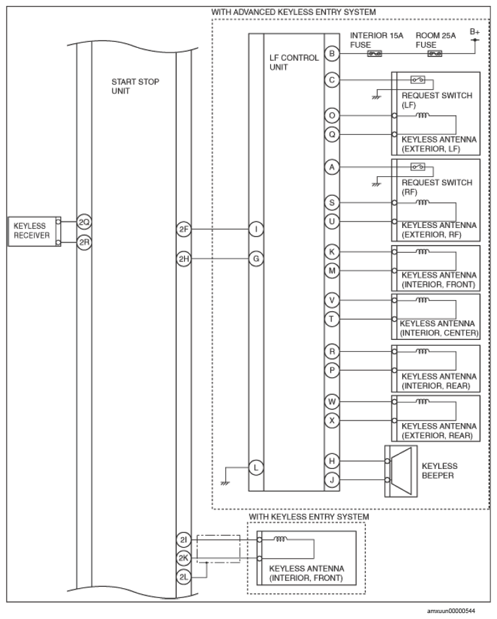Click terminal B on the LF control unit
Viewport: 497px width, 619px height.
click(x=332, y=53)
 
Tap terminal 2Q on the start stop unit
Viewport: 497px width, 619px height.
click(x=84, y=222)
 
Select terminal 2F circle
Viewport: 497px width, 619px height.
click(x=183, y=229)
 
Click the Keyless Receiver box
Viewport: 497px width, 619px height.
click(x=34, y=231)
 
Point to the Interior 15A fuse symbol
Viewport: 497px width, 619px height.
click(x=375, y=53)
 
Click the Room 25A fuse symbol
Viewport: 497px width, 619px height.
click(x=435, y=53)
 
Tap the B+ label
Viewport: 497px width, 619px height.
click(x=475, y=32)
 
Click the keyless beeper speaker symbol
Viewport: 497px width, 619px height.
click(x=401, y=471)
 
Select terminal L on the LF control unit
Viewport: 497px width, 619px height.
click(x=256, y=468)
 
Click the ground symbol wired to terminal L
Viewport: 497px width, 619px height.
click(x=225, y=483)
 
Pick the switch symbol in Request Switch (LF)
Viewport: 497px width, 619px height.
click(x=418, y=80)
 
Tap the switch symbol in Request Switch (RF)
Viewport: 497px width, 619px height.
click(x=418, y=166)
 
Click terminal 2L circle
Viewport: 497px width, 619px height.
click(x=183, y=577)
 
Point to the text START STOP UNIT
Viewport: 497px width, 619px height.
click(x=135, y=86)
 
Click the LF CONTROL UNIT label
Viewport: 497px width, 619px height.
click(x=294, y=62)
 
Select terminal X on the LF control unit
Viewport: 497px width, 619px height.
click(x=332, y=421)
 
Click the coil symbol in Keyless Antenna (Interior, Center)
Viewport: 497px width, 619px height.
click(x=422, y=301)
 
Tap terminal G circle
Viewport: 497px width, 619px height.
click(x=256, y=259)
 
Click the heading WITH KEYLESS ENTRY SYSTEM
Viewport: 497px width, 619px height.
click(x=308, y=517)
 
